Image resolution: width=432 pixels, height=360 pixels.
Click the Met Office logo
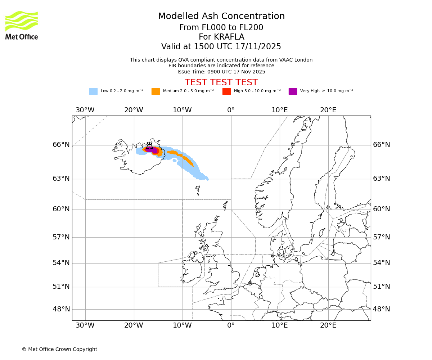tap(22, 25)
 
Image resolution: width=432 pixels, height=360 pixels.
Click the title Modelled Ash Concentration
tap(221, 17)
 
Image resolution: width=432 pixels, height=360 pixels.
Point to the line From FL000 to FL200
tap(221, 28)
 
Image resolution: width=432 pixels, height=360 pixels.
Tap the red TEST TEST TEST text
tap(221, 82)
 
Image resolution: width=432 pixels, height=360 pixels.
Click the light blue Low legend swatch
tap(93, 91)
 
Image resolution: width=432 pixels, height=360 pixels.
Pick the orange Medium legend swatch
tap(156, 91)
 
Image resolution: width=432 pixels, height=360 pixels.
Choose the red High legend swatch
tap(226, 91)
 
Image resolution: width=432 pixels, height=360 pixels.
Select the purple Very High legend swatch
tap(293, 91)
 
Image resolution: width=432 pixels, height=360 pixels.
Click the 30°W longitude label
tap(85, 110)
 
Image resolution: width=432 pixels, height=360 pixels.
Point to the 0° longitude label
tap(231, 110)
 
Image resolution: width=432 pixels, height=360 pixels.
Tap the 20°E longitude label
tap(328, 110)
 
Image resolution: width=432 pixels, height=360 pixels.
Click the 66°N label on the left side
tap(61, 145)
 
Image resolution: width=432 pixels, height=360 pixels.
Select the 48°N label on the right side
tap(381, 309)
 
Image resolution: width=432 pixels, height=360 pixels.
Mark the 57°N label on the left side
tap(61, 237)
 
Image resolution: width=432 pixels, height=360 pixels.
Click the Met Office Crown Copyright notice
tap(59, 350)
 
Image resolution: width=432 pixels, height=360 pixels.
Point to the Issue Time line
tap(221, 72)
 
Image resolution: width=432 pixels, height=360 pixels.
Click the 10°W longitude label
tap(182, 110)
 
